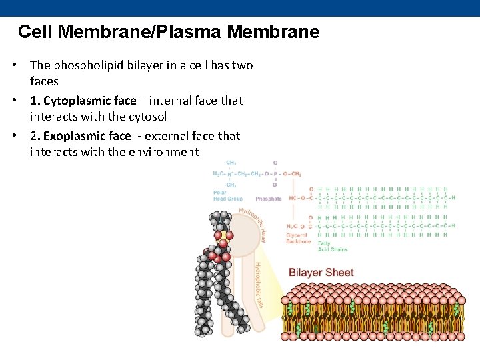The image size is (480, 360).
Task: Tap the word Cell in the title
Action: click(x=33, y=31)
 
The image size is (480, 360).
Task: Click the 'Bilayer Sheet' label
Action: click(x=321, y=272)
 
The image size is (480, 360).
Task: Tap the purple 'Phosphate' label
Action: click(x=269, y=199)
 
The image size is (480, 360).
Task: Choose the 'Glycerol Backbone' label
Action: click(x=298, y=238)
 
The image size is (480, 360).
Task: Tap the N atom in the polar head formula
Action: click(x=231, y=174)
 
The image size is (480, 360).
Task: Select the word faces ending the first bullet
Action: click(x=44, y=81)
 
